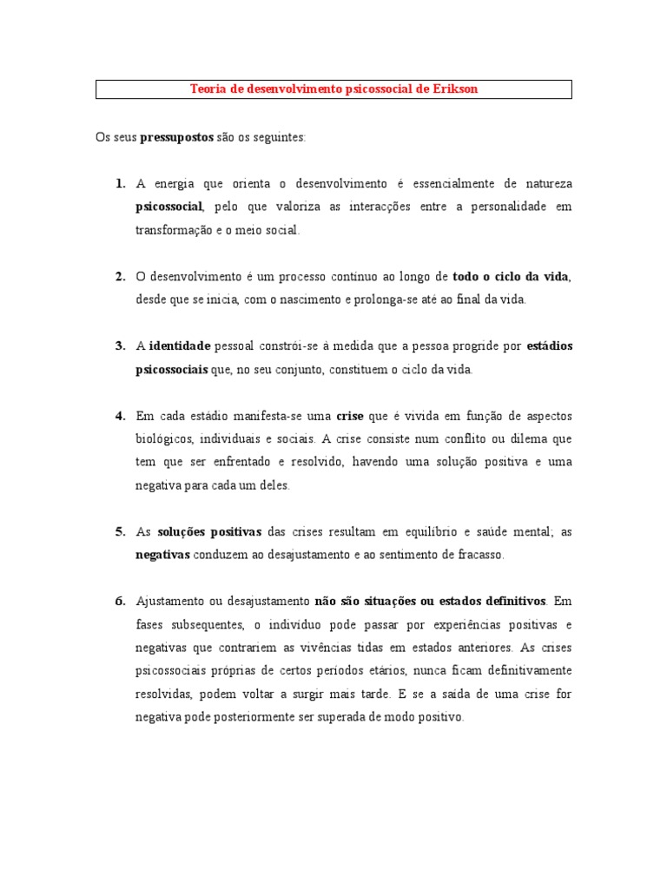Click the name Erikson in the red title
(454, 89)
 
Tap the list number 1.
(120, 184)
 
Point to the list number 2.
(120, 276)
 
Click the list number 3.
(120, 346)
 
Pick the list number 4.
(120, 415)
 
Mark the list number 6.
(120, 601)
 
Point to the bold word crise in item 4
(349, 415)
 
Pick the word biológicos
(165, 438)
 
